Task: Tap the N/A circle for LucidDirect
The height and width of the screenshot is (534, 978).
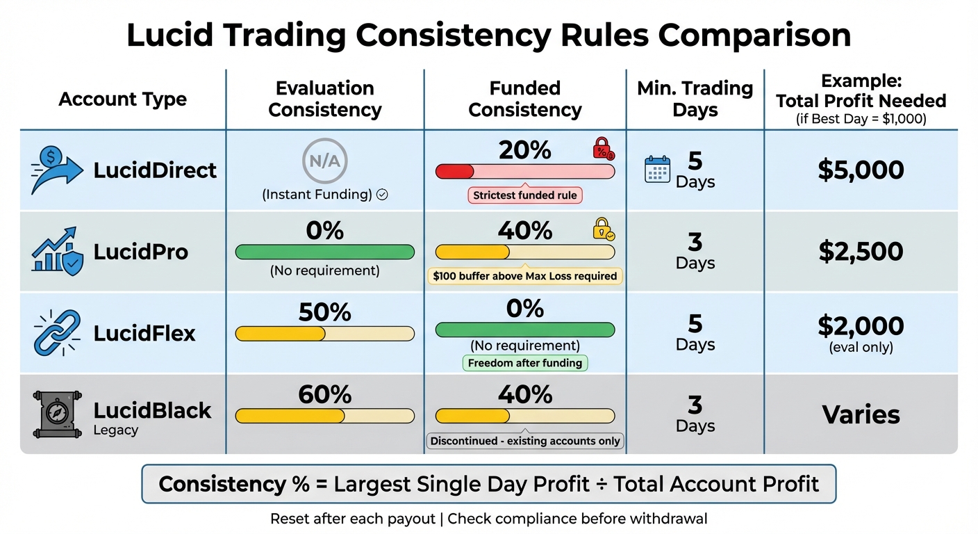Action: pos(325,161)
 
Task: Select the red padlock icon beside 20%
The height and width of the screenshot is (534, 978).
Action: pos(602,149)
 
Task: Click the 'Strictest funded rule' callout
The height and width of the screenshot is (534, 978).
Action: pos(525,195)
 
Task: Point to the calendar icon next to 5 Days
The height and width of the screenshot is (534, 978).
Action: pos(657,170)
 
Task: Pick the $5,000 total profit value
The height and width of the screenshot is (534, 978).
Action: pos(861,170)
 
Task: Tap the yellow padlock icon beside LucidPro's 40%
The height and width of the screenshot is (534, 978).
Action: pos(602,229)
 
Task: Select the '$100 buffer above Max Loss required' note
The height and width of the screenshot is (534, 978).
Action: pos(525,276)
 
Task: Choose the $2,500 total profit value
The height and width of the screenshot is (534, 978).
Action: pos(861,252)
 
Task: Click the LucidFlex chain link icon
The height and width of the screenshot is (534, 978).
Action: pos(58,333)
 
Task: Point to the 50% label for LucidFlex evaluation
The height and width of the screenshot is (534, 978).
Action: pos(324,312)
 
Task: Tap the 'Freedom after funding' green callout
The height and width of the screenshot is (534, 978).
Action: pos(525,363)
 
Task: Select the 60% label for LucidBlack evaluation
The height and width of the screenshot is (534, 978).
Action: pos(324,394)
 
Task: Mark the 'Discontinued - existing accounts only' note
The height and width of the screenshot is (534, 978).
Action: pos(525,441)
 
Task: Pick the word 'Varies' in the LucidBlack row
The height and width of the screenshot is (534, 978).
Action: pos(861,414)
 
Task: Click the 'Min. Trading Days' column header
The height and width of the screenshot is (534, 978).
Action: pos(695,99)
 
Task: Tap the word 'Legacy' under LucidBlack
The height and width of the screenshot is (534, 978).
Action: pos(116,430)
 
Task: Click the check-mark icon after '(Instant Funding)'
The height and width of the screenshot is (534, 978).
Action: pos(381,195)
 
